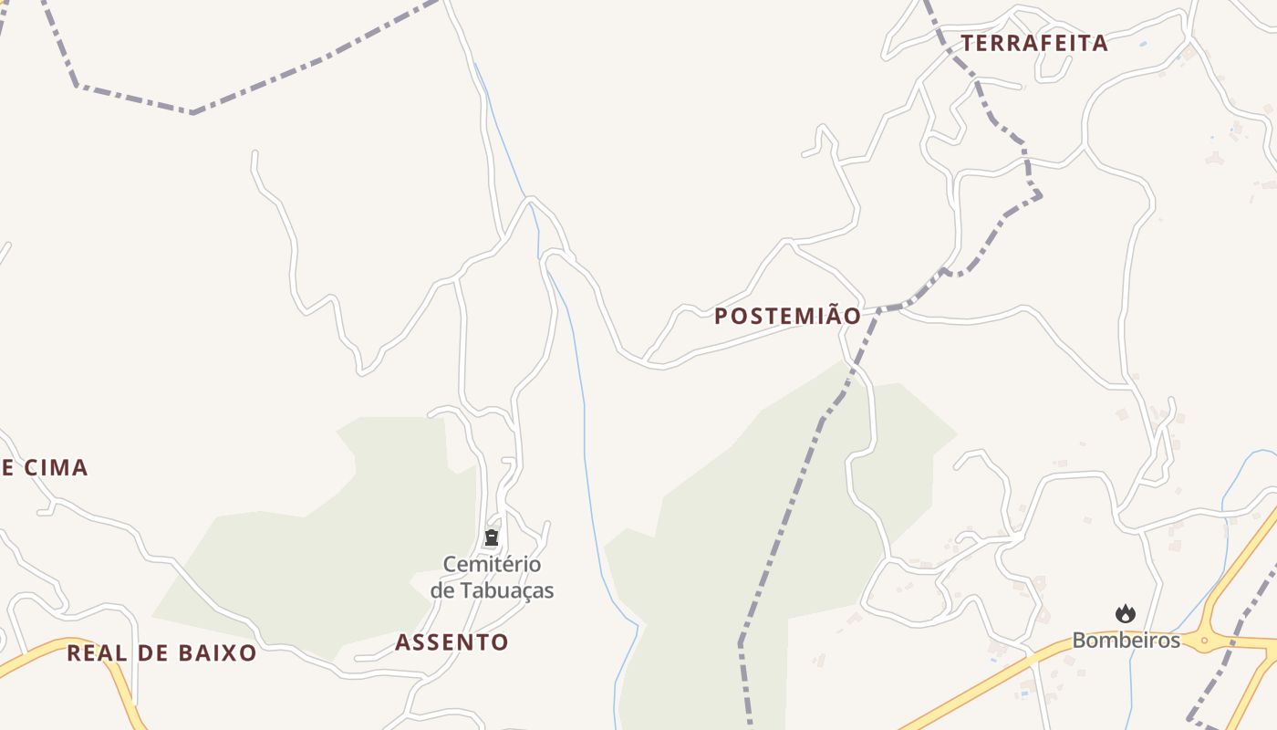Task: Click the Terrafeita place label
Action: pos(1033,43)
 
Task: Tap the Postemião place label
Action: pos(787,317)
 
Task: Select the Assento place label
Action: pos(452,642)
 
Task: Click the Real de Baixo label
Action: pos(161,653)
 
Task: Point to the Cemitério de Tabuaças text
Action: pos(492,578)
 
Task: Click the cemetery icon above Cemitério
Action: pos(492,538)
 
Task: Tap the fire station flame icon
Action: pos(1126,614)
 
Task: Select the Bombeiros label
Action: pos(1126,641)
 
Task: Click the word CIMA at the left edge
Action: pos(56,468)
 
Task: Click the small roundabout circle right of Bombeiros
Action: pos(1204,641)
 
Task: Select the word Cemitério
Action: pos(492,565)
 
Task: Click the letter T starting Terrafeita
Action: pos(967,43)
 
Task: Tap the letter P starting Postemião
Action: pos(722,317)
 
